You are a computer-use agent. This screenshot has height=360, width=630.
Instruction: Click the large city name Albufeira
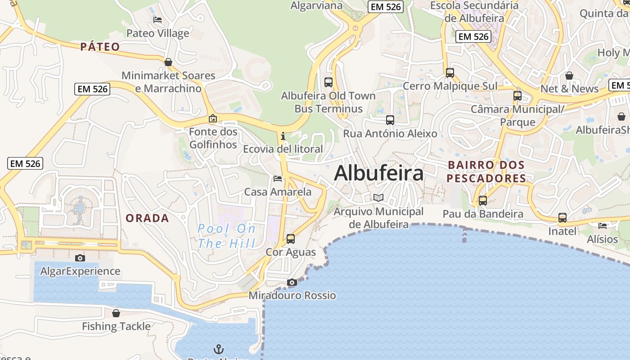coord(379,173)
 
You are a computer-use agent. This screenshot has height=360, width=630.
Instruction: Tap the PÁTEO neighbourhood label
coord(100,47)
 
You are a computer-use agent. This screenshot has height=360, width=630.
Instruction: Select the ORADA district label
coord(147,218)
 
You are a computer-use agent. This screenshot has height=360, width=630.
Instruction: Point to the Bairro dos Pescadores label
coord(486,171)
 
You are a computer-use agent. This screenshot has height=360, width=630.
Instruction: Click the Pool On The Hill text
coord(226,236)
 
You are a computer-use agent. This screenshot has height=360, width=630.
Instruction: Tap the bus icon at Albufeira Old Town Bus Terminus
coord(328,82)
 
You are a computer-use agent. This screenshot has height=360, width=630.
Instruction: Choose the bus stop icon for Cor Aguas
coord(291,239)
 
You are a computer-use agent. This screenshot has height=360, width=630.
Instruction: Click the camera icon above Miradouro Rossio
coord(292,283)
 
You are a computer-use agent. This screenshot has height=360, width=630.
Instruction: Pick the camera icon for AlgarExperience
coord(80,258)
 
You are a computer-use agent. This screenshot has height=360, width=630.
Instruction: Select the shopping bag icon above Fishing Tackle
coord(116,313)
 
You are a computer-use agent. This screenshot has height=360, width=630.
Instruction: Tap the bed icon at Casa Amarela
coord(278,179)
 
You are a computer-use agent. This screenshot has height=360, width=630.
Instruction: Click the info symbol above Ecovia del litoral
coord(283,136)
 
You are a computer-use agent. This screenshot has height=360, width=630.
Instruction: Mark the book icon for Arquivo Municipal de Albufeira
coord(379,198)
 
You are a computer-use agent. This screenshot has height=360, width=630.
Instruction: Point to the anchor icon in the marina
coord(218,349)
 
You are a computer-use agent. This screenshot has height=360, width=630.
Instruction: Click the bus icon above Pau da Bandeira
coord(483,201)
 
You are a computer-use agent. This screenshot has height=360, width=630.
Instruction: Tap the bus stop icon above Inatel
coord(562,218)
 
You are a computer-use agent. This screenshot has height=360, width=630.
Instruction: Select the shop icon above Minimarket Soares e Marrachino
coord(168,62)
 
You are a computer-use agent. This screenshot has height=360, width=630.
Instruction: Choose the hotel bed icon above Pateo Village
coord(157,20)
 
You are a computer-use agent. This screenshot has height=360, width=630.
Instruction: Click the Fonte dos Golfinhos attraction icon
coord(213,119)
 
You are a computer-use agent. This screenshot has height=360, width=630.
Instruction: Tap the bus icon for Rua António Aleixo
coord(390,120)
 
